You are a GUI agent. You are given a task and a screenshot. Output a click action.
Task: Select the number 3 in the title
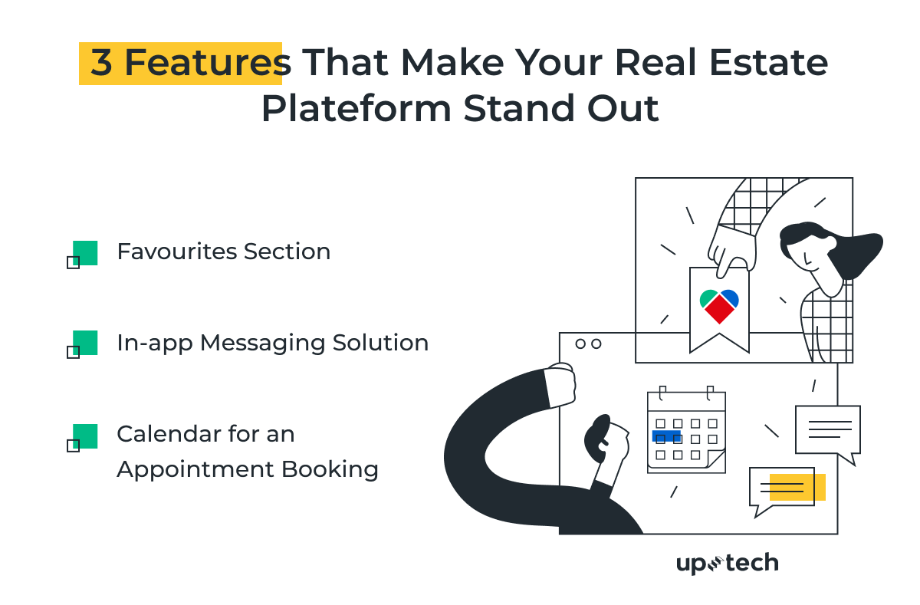point(101,63)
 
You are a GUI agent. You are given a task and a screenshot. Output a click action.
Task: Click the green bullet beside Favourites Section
point(84,253)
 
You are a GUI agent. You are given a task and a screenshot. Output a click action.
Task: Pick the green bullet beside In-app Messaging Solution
point(84,343)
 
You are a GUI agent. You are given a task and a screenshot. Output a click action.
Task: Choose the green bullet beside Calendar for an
point(84,436)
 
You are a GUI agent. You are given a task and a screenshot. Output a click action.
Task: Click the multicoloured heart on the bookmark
point(719,305)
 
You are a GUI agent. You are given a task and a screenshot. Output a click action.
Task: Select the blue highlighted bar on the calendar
point(665,436)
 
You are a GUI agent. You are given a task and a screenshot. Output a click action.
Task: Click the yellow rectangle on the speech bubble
point(797,487)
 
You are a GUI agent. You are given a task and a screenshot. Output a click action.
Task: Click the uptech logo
point(727,564)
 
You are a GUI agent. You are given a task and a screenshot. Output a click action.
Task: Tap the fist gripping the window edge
point(560,387)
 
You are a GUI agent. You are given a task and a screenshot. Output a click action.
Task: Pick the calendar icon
point(686,431)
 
